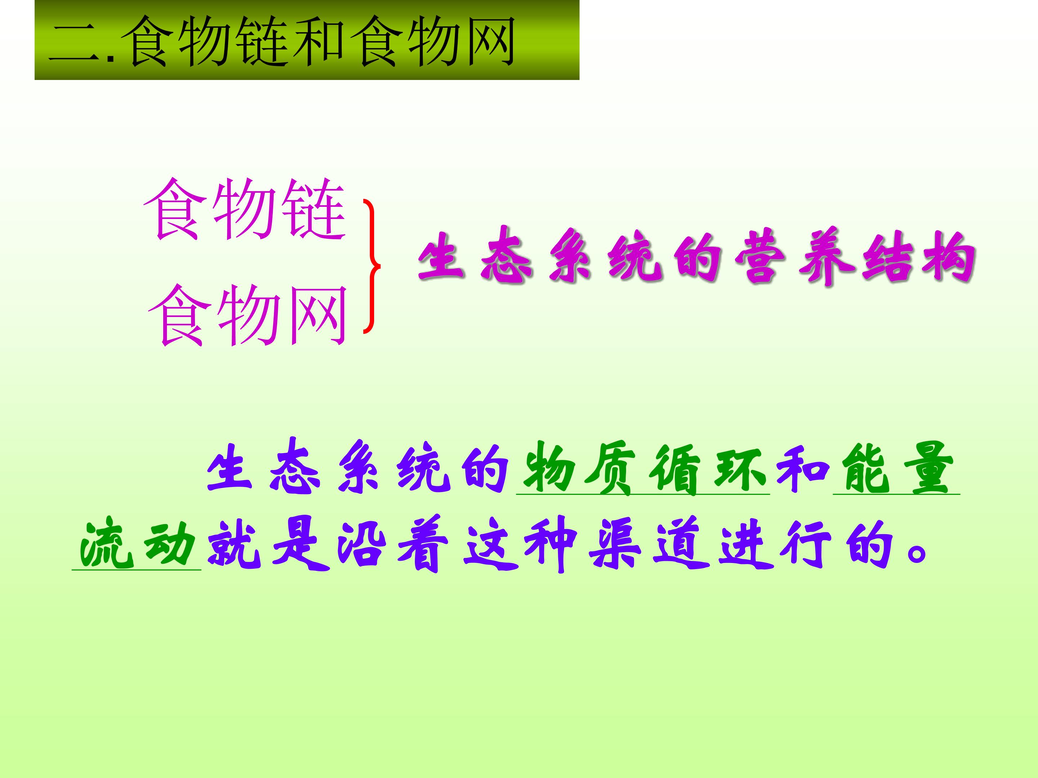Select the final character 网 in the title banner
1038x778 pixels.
point(488,41)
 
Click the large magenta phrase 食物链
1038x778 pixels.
point(245,209)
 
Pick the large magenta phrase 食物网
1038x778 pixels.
point(248,315)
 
